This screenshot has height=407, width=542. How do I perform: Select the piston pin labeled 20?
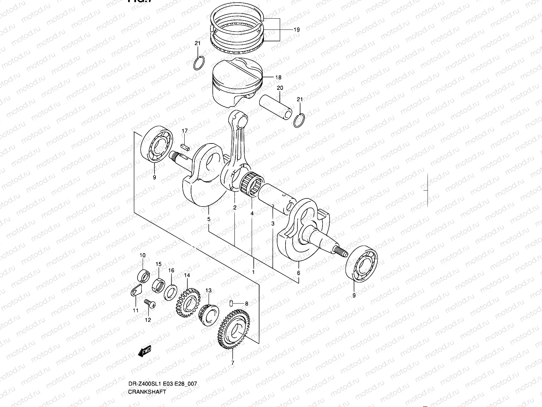(275, 107)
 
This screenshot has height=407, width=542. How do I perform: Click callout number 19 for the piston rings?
(296, 30)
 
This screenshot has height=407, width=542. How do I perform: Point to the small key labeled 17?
(185, 147)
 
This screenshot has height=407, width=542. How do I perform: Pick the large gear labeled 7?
(233, 332)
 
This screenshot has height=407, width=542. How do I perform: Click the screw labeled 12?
(149, 304)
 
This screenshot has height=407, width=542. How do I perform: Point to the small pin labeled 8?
(231, 303)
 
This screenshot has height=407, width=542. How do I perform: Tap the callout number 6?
(298, 273)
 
